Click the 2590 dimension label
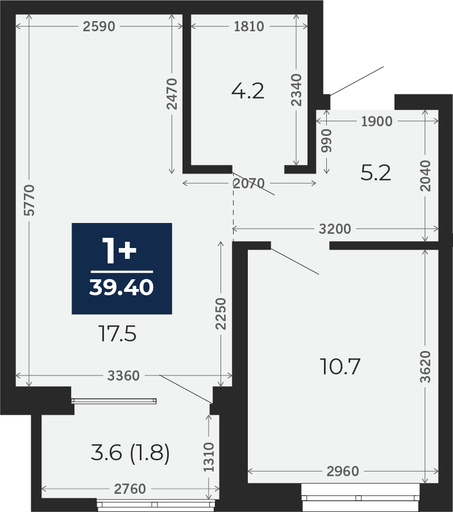click(x=99, y=26)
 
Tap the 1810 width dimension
click(x=249, y=26)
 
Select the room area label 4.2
click(x=248, y=91)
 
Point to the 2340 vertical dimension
click(x=297, y=90)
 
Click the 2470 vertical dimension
click(x=172, y=94)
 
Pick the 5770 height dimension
click(x=30, y=200)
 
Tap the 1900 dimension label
click(x=377, y=122)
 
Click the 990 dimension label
click(x=326, y=141)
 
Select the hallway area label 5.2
click(x=375, y=173)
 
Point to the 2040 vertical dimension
click(x=425, y=176)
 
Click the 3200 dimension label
click(x=335, y=229)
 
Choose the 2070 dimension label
click(x=248, y=183)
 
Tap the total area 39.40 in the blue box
click(x=121, y=288)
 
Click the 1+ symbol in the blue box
click(x=119, y=250)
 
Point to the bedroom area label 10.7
click(x=340, y=366)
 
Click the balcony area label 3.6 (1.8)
click(x=130, y=453)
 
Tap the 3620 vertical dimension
click(x=425, y=366)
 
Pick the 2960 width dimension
click(x=343, y=471)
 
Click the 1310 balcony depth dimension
click(x=209, y=457)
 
